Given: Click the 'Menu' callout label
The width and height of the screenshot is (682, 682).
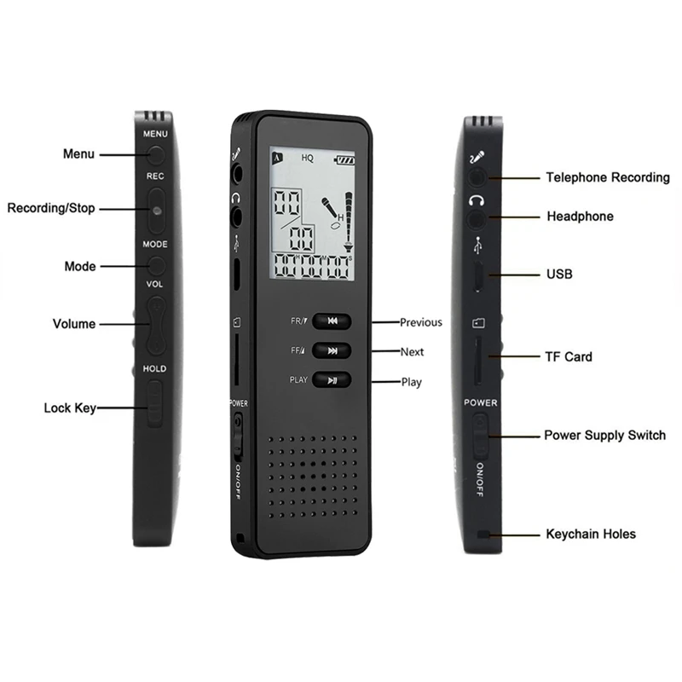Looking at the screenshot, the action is [78, 154].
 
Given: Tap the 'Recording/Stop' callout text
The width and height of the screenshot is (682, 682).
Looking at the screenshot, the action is [51, 208].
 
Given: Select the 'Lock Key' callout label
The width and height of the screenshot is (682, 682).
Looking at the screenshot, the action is [69, 408].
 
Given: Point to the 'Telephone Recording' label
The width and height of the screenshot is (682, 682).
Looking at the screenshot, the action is [607, 178].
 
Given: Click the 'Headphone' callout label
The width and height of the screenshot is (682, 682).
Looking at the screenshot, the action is [579, 217].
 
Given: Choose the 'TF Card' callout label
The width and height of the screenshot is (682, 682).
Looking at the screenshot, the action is [568, 356].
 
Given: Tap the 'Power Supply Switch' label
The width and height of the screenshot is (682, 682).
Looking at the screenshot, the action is [604, 436].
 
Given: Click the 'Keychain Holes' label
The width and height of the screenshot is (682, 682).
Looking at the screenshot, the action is [590, 535].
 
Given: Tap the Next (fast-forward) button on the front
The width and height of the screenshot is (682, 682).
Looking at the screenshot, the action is [332, 350].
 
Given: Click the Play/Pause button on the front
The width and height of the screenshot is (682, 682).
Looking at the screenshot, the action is [332, 380].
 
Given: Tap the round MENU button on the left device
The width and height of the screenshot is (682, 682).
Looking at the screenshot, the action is [156, 154].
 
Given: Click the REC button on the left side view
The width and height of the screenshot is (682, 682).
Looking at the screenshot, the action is [156, 209].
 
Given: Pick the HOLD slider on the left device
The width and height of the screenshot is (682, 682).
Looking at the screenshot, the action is [154, 403].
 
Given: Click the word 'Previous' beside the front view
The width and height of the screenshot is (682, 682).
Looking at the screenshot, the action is [421, 322].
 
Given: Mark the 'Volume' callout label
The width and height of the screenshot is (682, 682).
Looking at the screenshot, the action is [74, 324].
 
